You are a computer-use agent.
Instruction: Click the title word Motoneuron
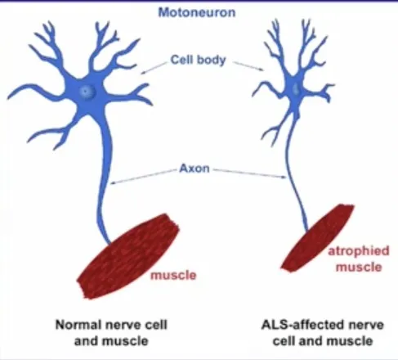point(197,12)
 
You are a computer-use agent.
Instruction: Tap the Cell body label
point(198,60)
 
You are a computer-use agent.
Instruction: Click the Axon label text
point(195,169)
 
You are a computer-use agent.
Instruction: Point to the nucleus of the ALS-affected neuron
point(296,88)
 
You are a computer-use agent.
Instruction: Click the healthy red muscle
point(128,256)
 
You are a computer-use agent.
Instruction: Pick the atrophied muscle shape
point(317,238)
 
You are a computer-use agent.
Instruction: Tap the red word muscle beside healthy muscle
point(173,275)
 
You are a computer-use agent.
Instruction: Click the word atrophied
point(359,251)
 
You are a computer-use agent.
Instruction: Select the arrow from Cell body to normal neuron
point(154,68)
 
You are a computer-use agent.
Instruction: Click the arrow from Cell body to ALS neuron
point(248,66)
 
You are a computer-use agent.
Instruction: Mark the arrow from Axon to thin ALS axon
point(249,173)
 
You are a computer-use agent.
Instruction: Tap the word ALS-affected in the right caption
point(302,325)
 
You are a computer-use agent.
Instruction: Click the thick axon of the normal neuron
point(105,174)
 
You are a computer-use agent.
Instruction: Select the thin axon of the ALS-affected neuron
point(293,174)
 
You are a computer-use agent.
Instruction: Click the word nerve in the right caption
point(366,325)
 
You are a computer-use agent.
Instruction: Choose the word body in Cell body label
point(212,61)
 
